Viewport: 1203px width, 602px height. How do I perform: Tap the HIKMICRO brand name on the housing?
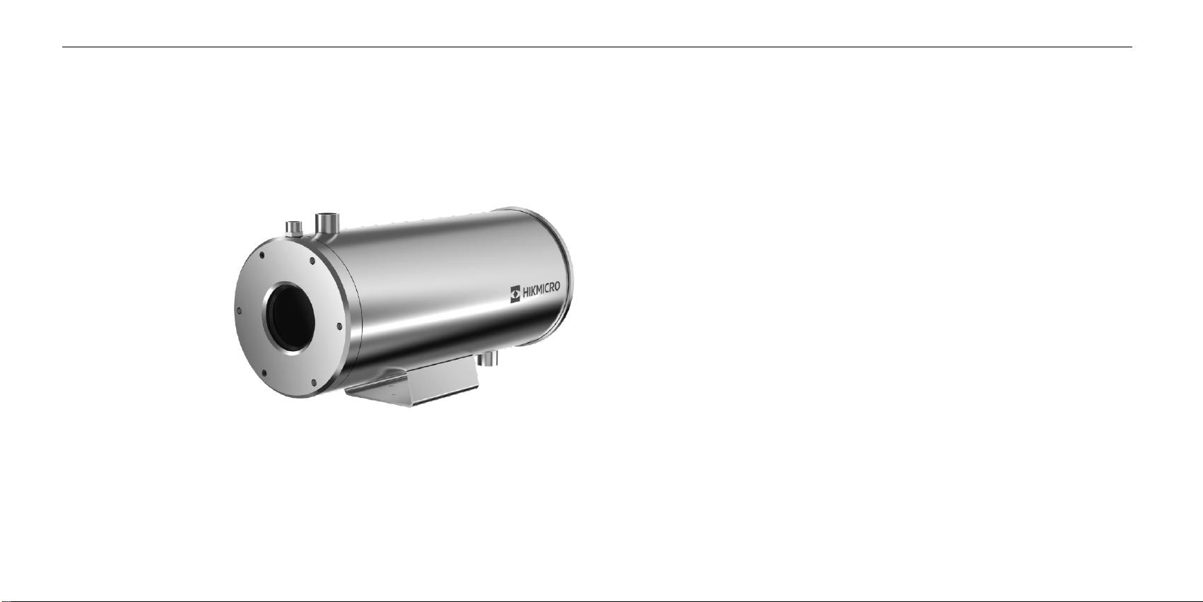541,290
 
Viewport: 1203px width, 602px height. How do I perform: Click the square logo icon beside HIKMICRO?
515,295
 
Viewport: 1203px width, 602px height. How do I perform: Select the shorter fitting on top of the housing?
294,230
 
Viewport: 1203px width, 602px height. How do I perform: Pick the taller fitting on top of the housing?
327,225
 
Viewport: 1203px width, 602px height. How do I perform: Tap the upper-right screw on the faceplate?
312,261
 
